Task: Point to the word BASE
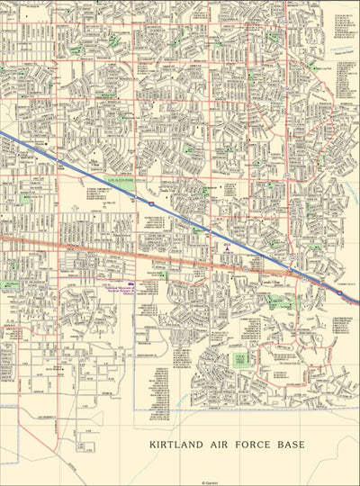coord(292,445)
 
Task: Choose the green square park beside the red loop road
coord(240,359)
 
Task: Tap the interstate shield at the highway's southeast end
coord(338,292)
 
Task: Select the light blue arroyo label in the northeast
coord(342,51)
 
